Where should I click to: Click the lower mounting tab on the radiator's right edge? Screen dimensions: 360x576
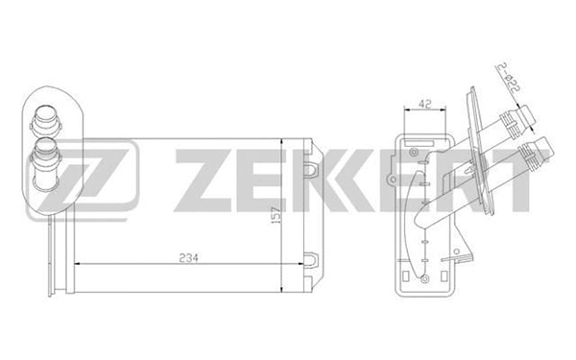click(314, 257)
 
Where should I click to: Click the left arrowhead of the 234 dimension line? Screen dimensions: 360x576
click(55, 266)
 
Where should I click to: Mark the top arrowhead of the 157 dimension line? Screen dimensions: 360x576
click(279, 142)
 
